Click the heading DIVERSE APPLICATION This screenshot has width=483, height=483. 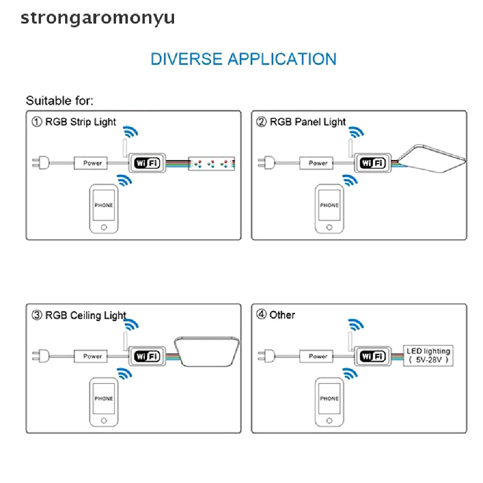(x=243, y=59)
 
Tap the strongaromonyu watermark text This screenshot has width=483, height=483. (x=98, y=18)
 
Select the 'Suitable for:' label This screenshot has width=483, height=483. (x=59, y=100)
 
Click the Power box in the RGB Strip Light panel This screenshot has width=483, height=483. (x=92, y=163)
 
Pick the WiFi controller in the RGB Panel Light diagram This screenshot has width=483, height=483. (x=372, y=163)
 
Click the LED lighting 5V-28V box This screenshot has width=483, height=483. (x=428, y=356)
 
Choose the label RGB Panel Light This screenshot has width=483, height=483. (x=308, y=122)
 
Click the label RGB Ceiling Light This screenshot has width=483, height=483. (x=85, y=315)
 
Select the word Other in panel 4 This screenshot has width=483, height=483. (x=282, y=315)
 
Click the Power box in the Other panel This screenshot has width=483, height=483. (x=317, y=357)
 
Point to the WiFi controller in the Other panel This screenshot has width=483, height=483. (x=372, y=356)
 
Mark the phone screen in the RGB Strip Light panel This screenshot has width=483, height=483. (x=104, y=205)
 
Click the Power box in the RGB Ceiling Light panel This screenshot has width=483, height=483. (x=92, y=356)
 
